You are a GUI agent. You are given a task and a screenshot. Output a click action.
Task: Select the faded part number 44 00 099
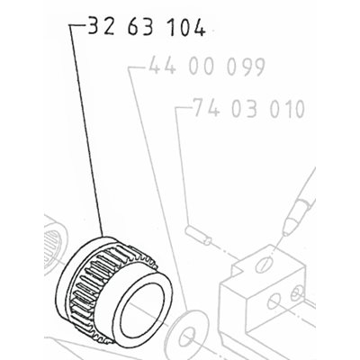click(x=207, y=66)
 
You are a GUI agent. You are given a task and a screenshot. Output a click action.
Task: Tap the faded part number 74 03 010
click(x=249, y=108)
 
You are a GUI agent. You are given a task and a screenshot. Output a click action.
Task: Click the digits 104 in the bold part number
click(x=185, y=26)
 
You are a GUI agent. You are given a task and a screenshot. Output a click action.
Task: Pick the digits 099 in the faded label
click(x=246, y=67)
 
